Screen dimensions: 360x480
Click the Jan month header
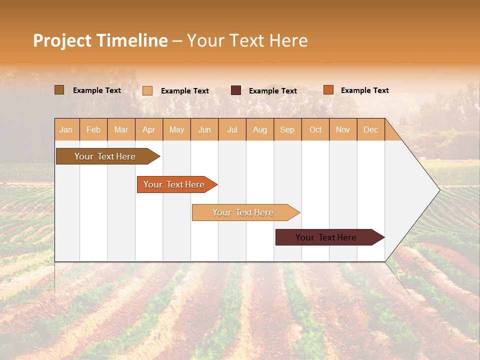[x=66, y=129]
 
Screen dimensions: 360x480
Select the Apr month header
[x=148, y=129]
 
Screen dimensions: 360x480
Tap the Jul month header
[x=232, y=129]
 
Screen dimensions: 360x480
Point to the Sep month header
[x=287, y=129]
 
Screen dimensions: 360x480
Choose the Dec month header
[x=370, y=129]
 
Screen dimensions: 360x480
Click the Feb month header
[x=93, y=129]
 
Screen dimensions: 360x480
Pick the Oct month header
[x=315, y=129]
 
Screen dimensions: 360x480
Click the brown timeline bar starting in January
[x=105, y=156]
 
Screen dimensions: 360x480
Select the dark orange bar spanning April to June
[x=174, y=184]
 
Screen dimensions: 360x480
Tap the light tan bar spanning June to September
[x=243, y=212]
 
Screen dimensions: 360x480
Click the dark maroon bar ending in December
[x=326, y=237]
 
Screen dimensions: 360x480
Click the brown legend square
[x=59, y=90]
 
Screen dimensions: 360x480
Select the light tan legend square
[x=147, y=90]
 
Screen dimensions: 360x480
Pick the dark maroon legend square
[x=236, y=90]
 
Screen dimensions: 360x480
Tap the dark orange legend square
[x=328, y=90]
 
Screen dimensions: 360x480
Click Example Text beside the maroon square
[x=272, y=91]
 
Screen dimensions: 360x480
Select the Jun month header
[x=204, y=129]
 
